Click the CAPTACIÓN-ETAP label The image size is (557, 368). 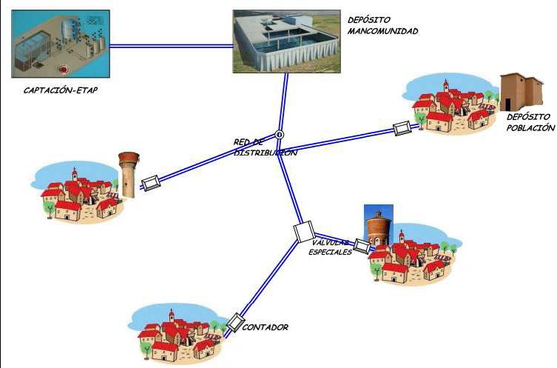61,90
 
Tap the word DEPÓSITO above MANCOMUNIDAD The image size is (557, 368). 368,20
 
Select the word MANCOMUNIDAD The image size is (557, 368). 382,31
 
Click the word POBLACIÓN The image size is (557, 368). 530,127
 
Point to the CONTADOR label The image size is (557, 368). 265,327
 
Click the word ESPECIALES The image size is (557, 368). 330,252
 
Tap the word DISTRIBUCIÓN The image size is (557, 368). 266,153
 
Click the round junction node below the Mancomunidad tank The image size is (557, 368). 280,135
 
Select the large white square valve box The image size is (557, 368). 304,232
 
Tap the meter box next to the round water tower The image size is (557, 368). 151,183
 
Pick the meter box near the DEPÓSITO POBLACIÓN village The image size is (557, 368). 402,128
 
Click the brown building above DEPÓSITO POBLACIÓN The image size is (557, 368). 521,93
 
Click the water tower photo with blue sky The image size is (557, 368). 379,225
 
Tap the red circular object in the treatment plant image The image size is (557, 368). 64,70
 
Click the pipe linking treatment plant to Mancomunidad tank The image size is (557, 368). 171,46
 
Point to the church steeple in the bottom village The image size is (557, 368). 172,315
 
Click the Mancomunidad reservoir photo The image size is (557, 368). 287,41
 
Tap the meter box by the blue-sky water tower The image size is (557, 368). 362,247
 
